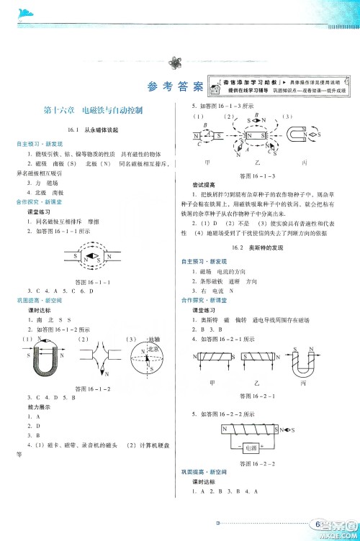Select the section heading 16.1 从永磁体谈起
click(x=91, y=130)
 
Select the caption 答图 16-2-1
click(x=261, y=396)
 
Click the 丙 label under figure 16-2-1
click(x=305, y=384)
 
